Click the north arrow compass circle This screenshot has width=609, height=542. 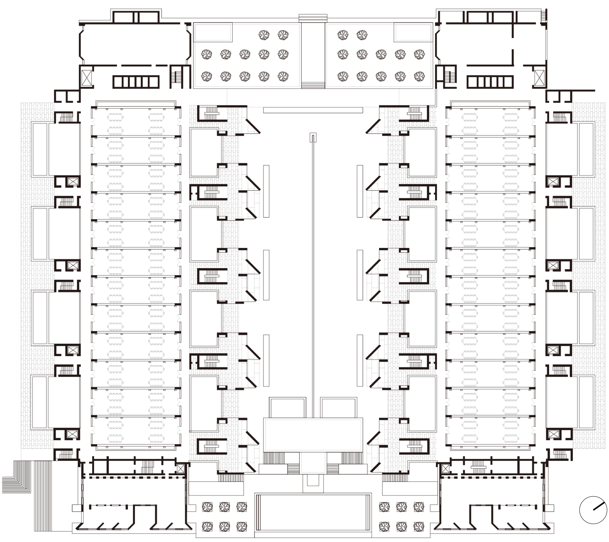[x=593, y=510]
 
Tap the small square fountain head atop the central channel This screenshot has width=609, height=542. [x=313, y=138]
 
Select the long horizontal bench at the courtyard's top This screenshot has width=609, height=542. [x=313, y=110]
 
